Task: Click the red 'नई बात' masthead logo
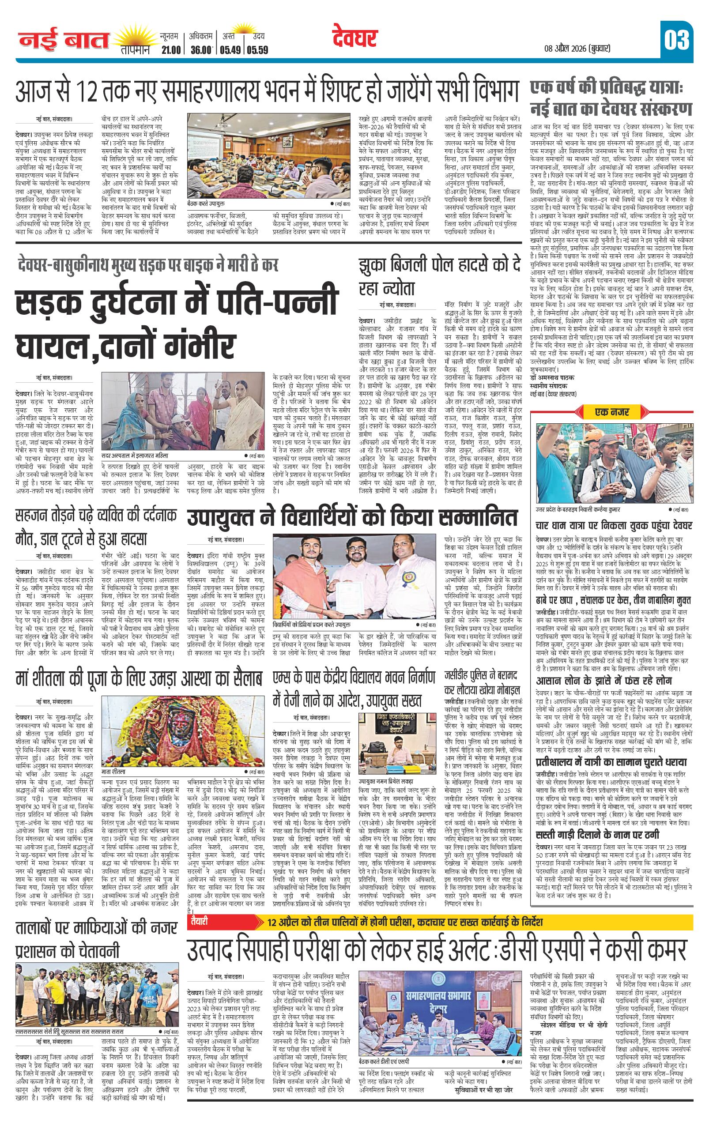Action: coord(64,41)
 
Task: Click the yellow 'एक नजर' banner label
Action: coord(612,412)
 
